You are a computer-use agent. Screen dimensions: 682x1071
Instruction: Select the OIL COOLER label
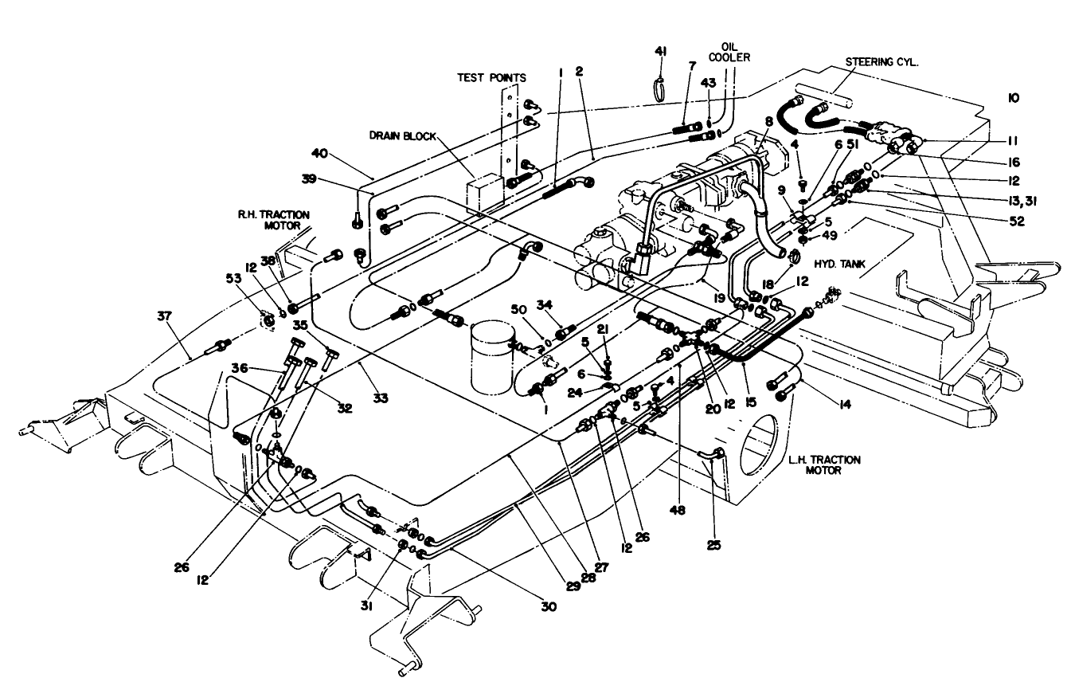736,53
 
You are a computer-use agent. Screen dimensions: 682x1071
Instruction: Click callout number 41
660,50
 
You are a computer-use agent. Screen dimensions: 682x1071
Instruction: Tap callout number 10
1014,97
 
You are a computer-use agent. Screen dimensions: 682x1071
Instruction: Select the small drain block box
482,192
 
